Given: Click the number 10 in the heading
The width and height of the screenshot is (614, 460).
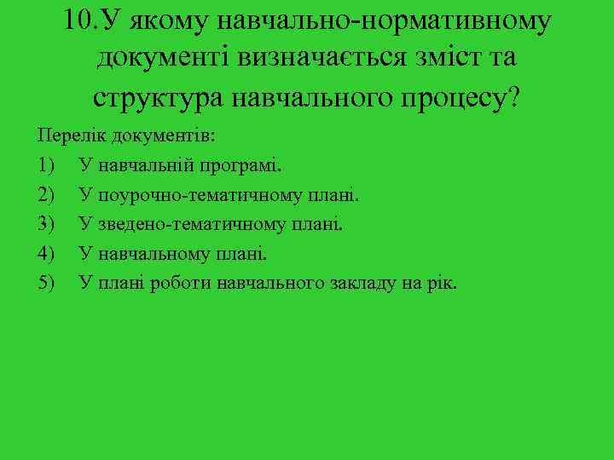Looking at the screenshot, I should [x=81, y=20].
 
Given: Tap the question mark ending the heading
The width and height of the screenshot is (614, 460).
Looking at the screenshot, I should [x=513, y=96].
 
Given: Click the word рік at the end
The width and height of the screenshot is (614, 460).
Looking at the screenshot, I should [x=440, y=282].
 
